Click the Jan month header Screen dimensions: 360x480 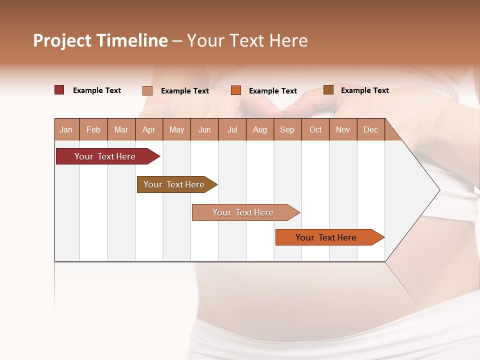pyautogui.click(x=66, y=129)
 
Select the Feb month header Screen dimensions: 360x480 pyautogui.click(x=93, y=129)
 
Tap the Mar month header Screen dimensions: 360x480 pyautogui.click(x=121, y=129)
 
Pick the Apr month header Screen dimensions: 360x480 pyautogui.click(x=149, y=129)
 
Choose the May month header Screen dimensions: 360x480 pyautogui.click(x=176, y=129)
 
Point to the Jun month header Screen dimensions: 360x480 pyautogui.click(x=204, y=129)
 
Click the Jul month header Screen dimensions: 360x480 pyautogui.click(x=232, y=129)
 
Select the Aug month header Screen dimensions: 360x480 pyautogui.click(x=260, y=129)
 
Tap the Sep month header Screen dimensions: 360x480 pyautogui.click(x=287, y=129)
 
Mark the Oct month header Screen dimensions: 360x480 pyautogui.click(x=315, y=129)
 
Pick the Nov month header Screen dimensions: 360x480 pyautogui.click(x=343, y=129)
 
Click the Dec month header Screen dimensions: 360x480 pyautogui.click(x=371, y=129)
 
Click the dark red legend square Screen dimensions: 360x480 pyautogui.click(x=59, y=90)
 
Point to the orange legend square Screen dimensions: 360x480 pyautogui.click(x=236, y=90)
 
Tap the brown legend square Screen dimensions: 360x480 pyautogui.click(x=328, y=90)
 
